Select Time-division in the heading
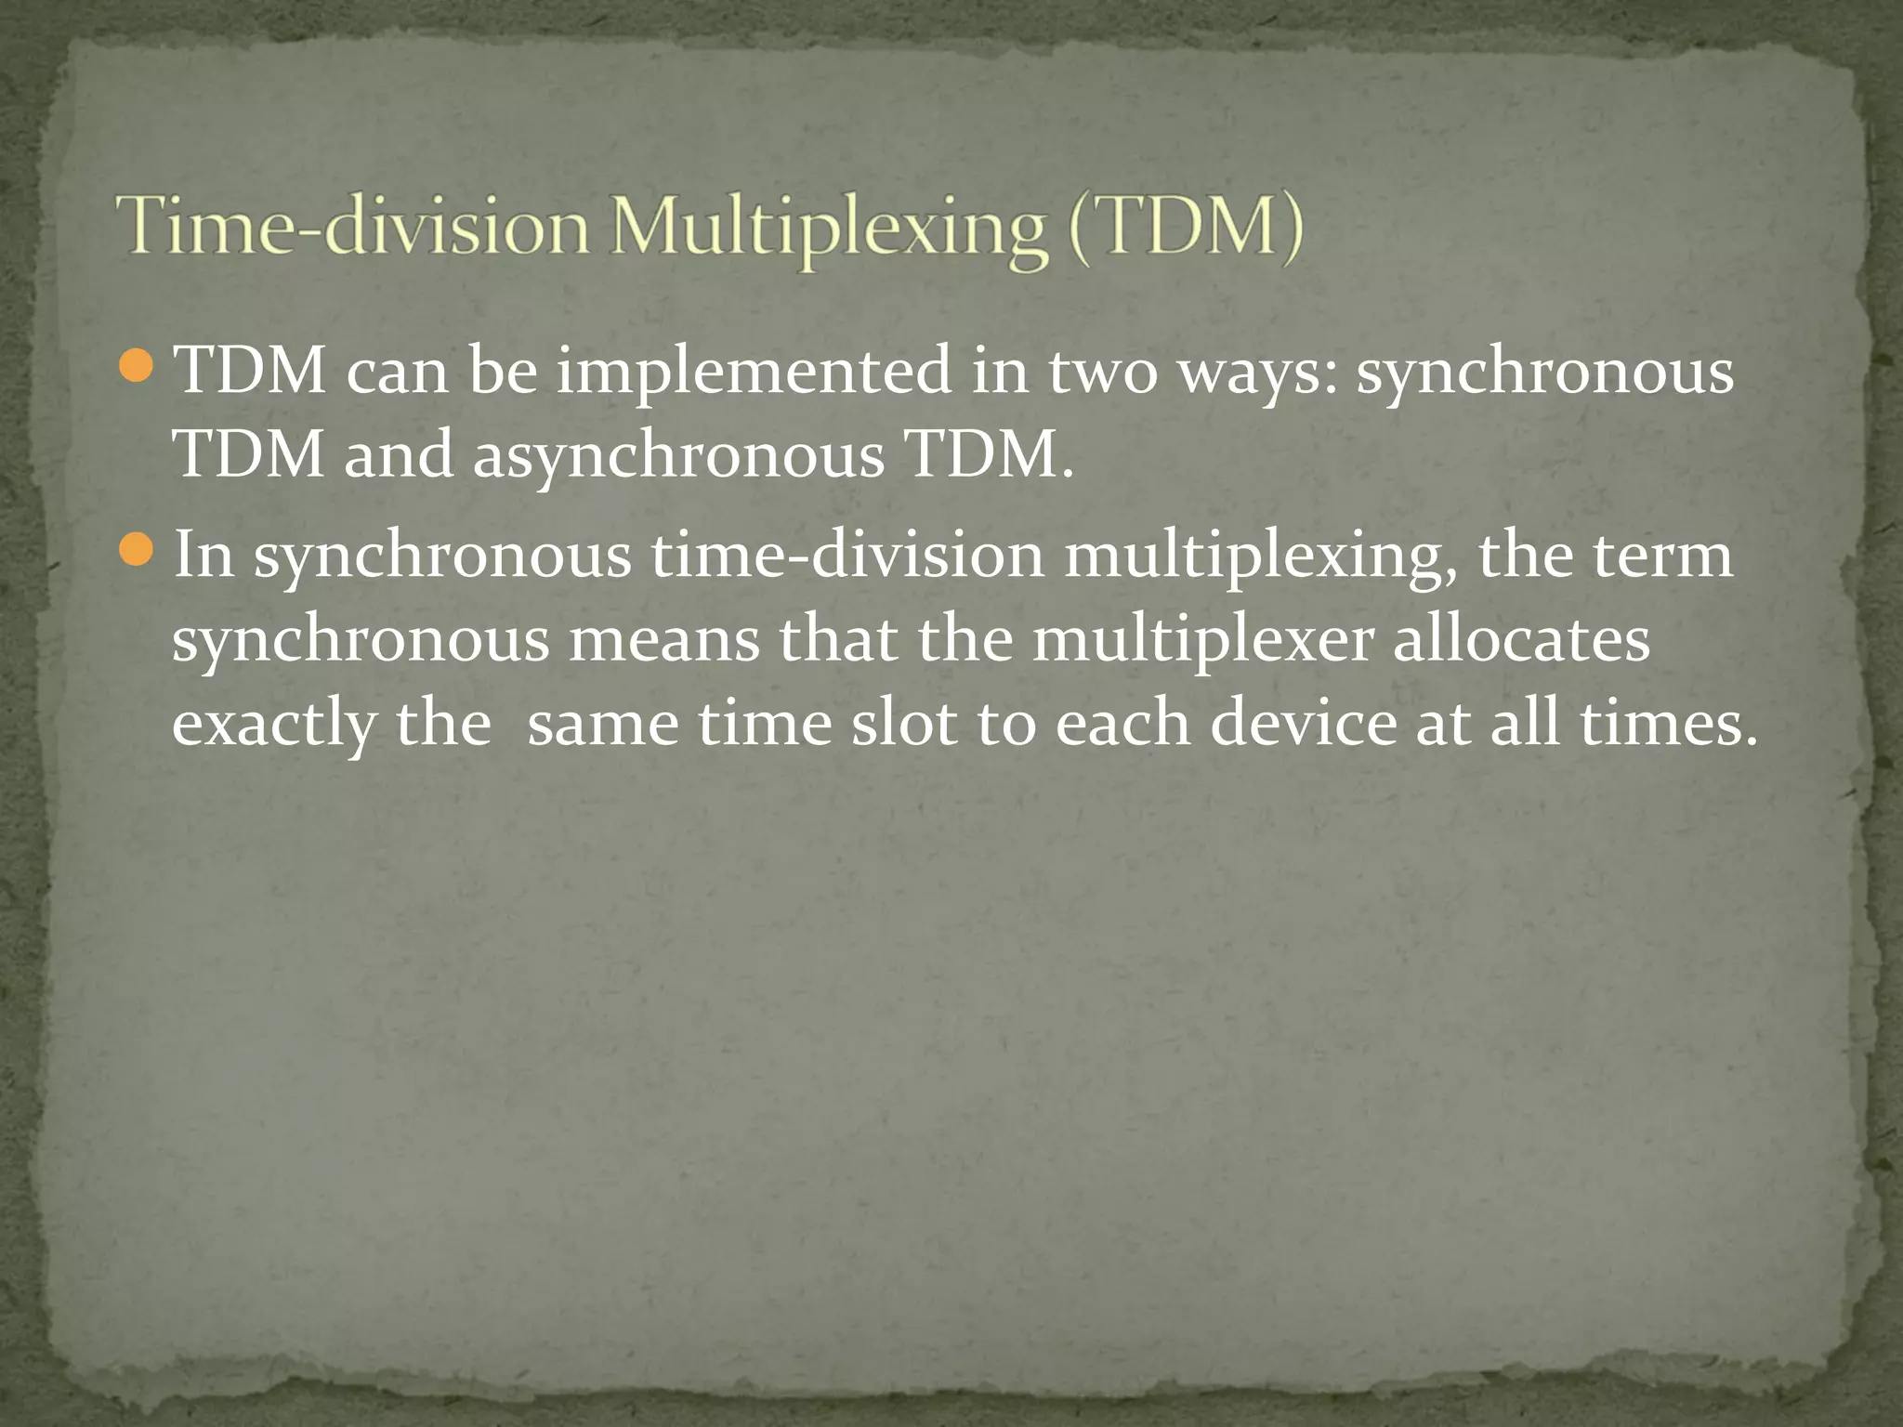pyautogui.click(x=353, y=228)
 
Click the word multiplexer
pyautogui.click(x=1202, y=641)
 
